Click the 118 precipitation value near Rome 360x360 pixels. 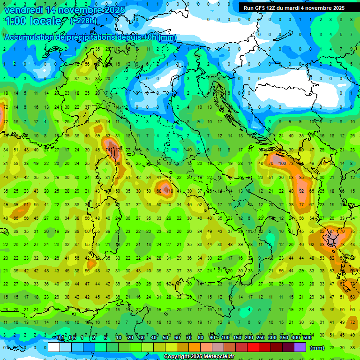(x=169, y=191)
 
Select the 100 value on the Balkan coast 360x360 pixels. (x=282, y=163)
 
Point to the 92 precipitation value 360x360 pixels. (x=302, y=191)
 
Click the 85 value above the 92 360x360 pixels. (x=302, y=178)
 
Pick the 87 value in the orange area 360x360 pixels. (x=332, y=232)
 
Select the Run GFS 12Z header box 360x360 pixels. (x=294, y=8)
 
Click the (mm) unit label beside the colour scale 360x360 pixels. (x=317, y=348)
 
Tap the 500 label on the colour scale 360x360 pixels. (x=307, y=338)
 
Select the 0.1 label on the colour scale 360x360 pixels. (x=60, y=338)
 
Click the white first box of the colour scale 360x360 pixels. (x=54, y=347)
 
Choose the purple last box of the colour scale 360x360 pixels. (x=300, y=347)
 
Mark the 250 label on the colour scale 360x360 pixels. (x=261, y=338)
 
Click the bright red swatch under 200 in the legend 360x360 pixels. (x=253, y=347)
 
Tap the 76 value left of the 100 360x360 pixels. (x=271, y=163)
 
